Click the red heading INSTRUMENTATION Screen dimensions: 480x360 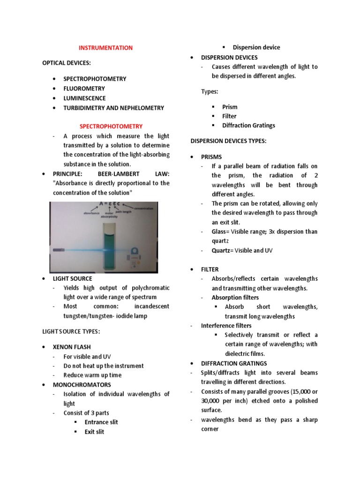(105, 48)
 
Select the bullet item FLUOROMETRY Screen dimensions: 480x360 (84, 89)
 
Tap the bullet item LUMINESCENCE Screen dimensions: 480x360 (85, 98)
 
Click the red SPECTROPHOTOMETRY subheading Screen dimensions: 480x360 (111, 127)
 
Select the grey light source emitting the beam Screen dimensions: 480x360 (60, 251)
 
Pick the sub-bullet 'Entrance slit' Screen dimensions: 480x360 (101, 422)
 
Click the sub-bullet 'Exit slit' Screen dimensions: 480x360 (94, 432)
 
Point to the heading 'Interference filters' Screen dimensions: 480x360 (226, 326)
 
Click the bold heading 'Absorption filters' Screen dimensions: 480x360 (235, 298)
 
